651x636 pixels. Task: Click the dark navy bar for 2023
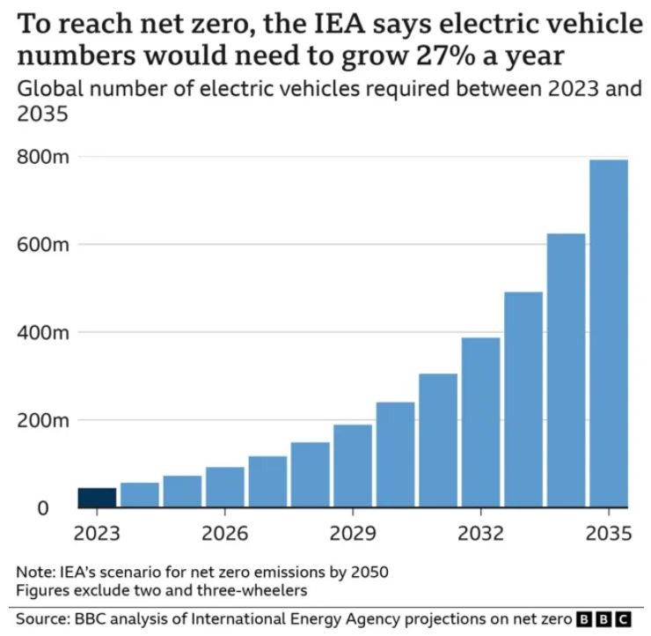pyautogui.click(x=97, y=498)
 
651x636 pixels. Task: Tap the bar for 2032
pyautogui.click(x=480, y=422)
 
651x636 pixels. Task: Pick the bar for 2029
pyautogui.click(x=353, y=466)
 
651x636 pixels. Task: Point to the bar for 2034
pyautogui.click(x=566, y=370)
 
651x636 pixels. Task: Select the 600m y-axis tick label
pyautogui.click(x=43, y=244)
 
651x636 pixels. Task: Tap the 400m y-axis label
pyautogui.click(x=43, y=333)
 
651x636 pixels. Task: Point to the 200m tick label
pyautogui.click(x=43, y=420)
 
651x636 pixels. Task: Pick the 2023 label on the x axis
pyautogui.click(x=98, y=535)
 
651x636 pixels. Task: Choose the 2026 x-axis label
pyautogui.click(x=225, y=535)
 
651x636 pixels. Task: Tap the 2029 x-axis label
pyautogui.click(x=353, y=535)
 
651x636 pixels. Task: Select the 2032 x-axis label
pyautogui.click(x=480, y=535)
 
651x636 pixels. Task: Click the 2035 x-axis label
pyautogui.click(x=609, y=535)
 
